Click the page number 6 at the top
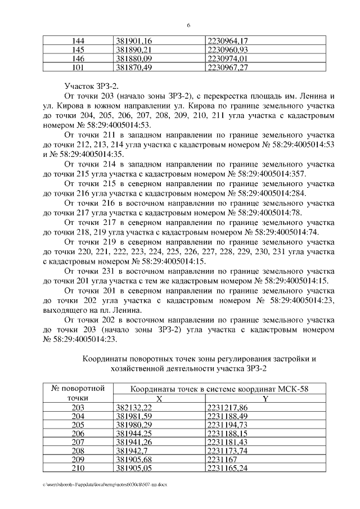pos(188,25)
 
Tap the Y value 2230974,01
pos(228,58)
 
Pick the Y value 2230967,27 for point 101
pos(228,67)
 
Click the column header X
pos(159,399)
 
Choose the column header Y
pos(265,399)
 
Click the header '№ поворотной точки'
pos(79,393)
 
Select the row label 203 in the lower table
pos(79,408)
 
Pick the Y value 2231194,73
pos(228,425)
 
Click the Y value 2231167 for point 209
pos(222,459)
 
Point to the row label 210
pos(79,467)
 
